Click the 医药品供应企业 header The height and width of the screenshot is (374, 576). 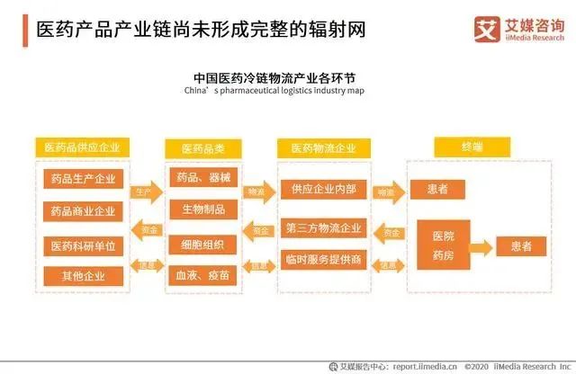[82, 147]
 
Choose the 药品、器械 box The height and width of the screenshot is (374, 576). [202, 177]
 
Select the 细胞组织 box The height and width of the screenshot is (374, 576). [202, 244]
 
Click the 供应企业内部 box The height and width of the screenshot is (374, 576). [323, 190]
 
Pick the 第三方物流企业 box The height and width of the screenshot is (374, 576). [323, 227]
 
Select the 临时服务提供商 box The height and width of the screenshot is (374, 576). [323, 260]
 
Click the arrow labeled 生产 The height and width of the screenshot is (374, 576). [143, 191]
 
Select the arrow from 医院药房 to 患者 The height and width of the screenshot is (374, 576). [482, 245]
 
